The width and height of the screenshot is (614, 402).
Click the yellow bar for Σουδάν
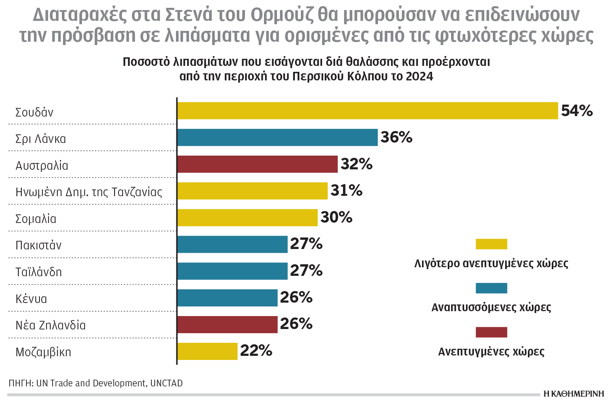pyautogui.click(x=367, y=111)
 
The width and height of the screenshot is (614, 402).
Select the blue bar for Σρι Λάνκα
pyautogui.click(x=277, y=137)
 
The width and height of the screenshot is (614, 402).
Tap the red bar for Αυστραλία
pyautogui.click(x=257, y=164)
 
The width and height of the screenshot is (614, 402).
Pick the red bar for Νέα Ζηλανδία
pyautogui.click(x=227, y=324)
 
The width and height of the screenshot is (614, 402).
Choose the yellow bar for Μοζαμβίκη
pyautogui.click(x=207, y=351)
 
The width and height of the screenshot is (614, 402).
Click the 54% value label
pyautogui.click(x=576, y=111)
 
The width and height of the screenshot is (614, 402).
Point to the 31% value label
pyautogui.click(x=346, y=191)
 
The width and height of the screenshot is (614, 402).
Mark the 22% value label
pyautogui.click(x=256, y=351)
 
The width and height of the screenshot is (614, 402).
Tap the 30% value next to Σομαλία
pyautogui.click(x=336, y=217)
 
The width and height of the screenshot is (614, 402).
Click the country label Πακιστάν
pyautogui.click(x=38, y=245)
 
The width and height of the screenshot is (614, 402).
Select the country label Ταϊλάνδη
pyautogui.click(x=38, y=272)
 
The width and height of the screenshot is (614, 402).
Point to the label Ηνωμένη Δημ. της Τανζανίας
pyautogui.click(x=89, y=192)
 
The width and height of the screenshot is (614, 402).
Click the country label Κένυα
pyautogui.click(x=31, y=299)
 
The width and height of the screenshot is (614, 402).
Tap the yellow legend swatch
pyautogui.click(x=491, y=244)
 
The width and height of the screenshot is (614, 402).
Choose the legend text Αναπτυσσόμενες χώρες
pyautogui.click(x=491, y=307)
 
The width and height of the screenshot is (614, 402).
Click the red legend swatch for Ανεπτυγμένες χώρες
pyautogui.click(x=491, y=332)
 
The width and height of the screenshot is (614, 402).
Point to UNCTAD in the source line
pyautogui.click(x=166, y=383)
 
